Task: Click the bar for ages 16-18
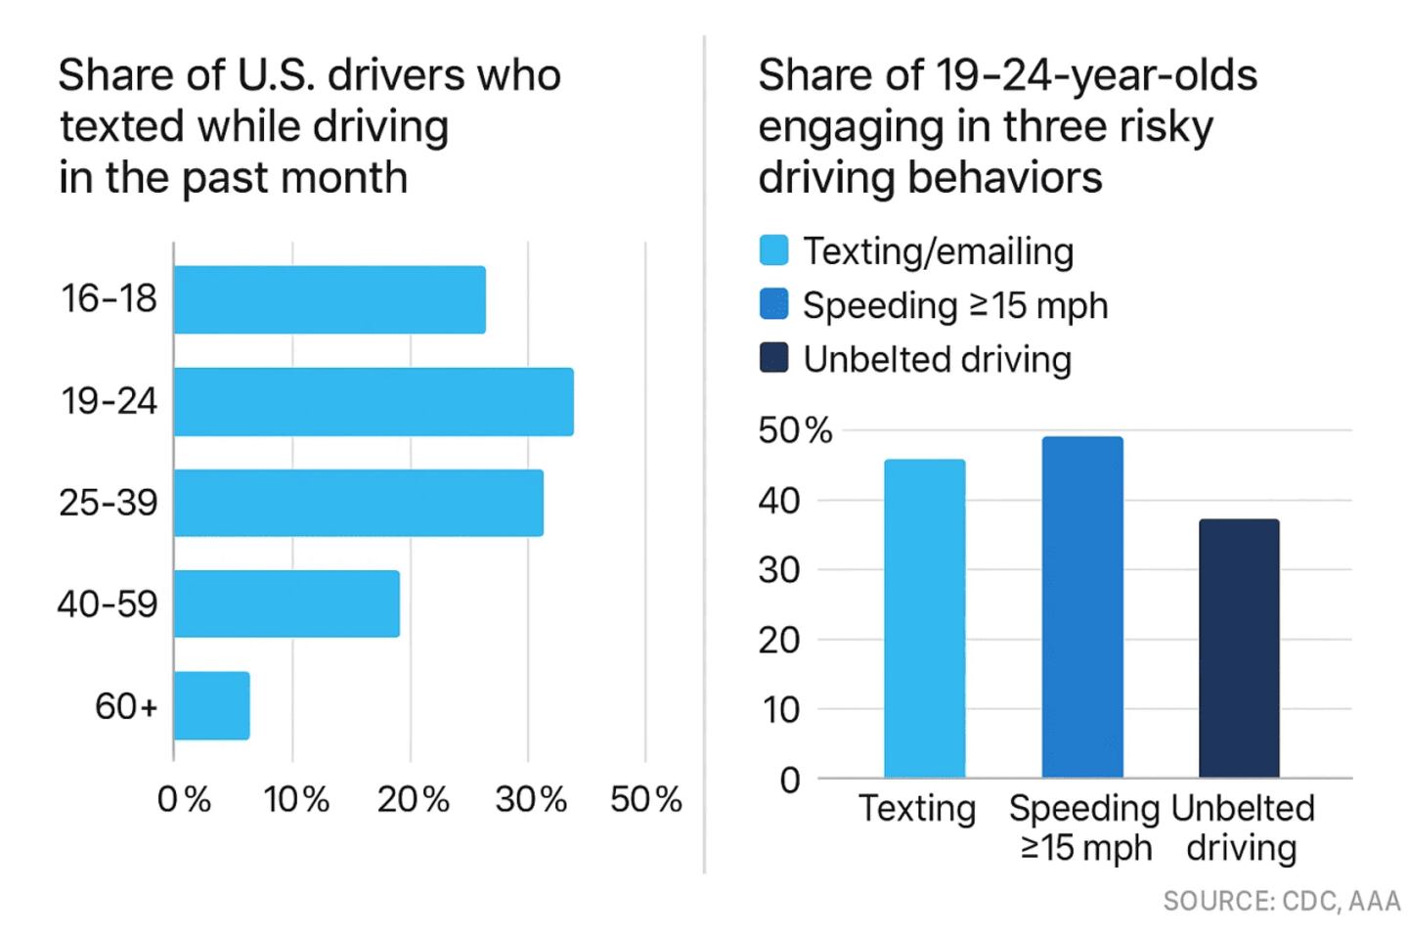tap(330, 299)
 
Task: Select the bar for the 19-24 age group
tap(374, 401)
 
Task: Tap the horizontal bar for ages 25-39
tap(358, 503)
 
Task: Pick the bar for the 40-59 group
tap(286, 604)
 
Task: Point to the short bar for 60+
tap(211, 705)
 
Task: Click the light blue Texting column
tap(924, 618)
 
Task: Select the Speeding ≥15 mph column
tap(1082, 606)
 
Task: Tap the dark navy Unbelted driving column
tap(1239, 648)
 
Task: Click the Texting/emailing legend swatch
tap(773, 251)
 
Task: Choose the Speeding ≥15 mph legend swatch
tap(773, 305)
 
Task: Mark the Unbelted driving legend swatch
tap(773, 359)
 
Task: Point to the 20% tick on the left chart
tap(414, 800)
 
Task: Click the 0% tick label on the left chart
tap(184, 800)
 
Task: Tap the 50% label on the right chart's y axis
tap(794, 430)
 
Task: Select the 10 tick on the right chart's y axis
tap(780, 710)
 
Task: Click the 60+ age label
tap(126, 705)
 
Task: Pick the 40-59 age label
tap(108, 604)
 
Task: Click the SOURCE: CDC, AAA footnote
tap(1281, 901)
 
